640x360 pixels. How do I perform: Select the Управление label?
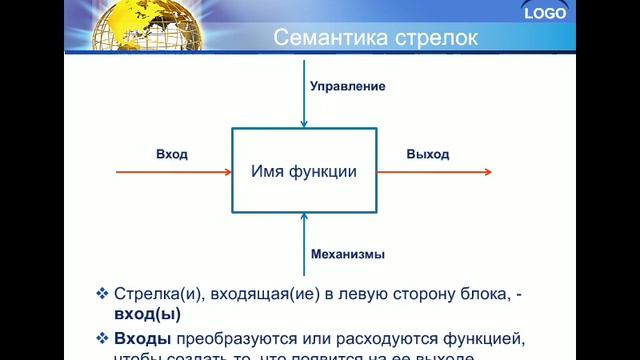(347, 86)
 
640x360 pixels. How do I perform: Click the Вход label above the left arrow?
(171, 154)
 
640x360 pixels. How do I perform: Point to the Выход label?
(427, 154)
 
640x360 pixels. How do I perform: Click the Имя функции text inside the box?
(304, 171)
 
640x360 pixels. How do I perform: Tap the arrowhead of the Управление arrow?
(304, 124)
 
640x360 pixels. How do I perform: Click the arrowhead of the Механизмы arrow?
(304, 219)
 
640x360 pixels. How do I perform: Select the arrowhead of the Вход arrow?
(227, 172)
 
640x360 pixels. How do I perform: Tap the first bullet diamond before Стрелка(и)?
(101, 294)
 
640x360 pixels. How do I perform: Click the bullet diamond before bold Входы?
(101, 337)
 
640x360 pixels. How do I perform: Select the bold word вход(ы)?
(147, 314)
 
